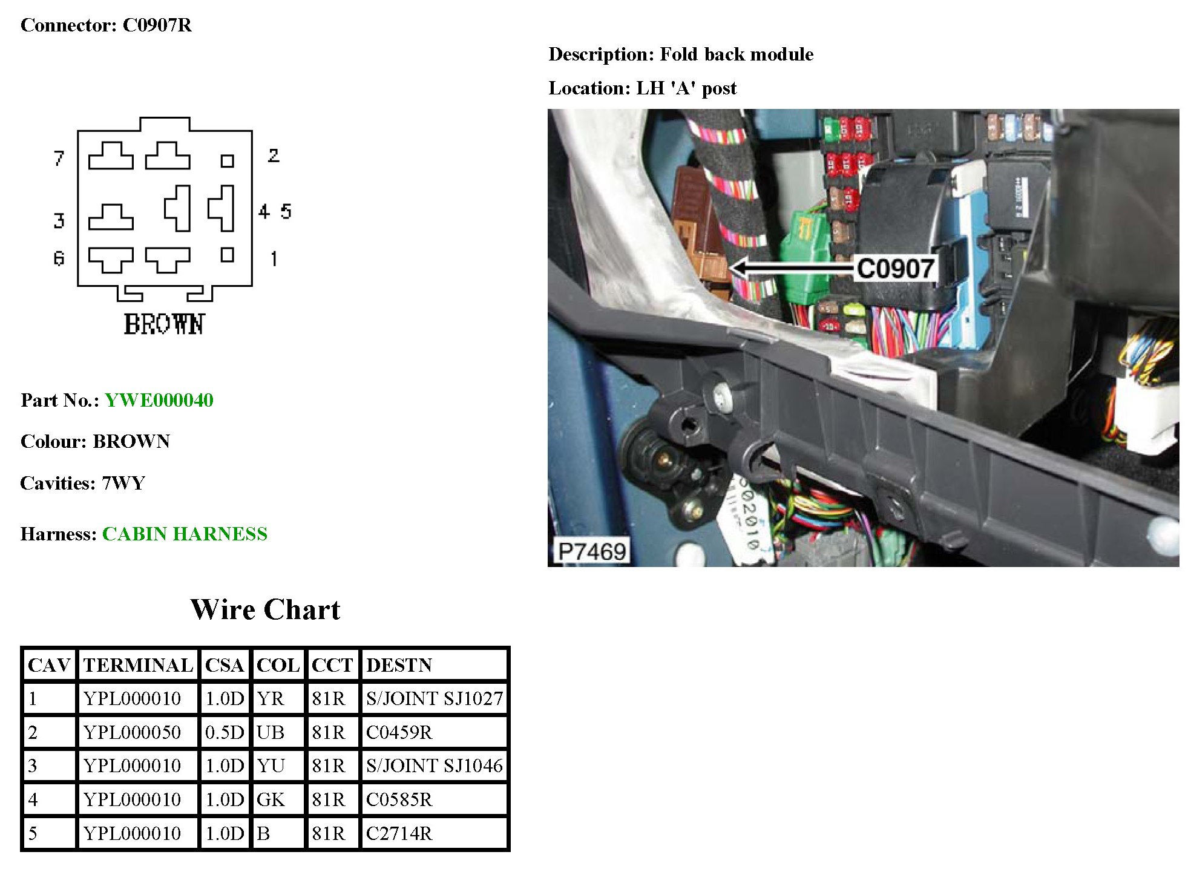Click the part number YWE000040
159,400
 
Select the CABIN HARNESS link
185,534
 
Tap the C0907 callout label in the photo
895,269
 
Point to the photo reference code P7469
591,551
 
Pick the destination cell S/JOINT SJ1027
434,698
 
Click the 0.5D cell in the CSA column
224,732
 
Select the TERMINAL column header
138,665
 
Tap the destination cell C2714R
399,833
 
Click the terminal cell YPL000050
132,732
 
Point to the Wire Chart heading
265,609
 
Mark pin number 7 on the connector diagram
59,158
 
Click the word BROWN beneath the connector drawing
164,324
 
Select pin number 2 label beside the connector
274,156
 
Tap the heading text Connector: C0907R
106,25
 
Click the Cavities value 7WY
123,483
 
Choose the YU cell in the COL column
271,766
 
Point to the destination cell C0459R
399,732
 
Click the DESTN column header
399,665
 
